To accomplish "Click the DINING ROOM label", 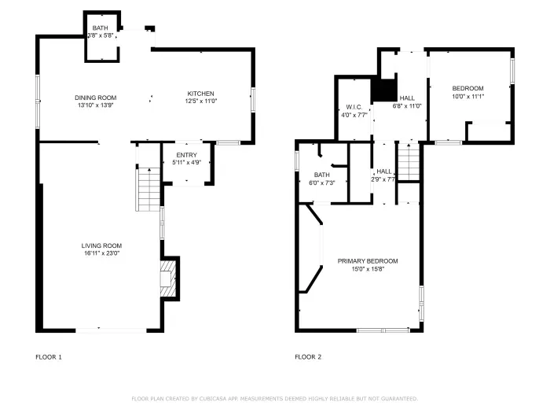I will coord(96,98).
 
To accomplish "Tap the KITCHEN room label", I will coord(200,94).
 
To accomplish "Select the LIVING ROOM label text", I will coord(101,245).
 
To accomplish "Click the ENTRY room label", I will coord(186,155).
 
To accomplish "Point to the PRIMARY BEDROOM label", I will coord(368,261).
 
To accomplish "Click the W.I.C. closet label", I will coord(353,107).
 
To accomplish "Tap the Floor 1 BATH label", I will coord(101,28).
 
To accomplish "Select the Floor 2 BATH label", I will coord(321,175).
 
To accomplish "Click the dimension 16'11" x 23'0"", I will coord(101,253).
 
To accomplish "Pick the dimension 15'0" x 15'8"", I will coord(368,269).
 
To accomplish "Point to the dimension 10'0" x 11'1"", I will coord(467,96).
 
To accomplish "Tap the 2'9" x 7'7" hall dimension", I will coord(383,179).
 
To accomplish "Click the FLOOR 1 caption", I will coord(49,357).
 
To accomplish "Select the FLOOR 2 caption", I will coord(308,357).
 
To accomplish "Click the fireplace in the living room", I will coord(167,280).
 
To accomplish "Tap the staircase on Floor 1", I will coord(148,190).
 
